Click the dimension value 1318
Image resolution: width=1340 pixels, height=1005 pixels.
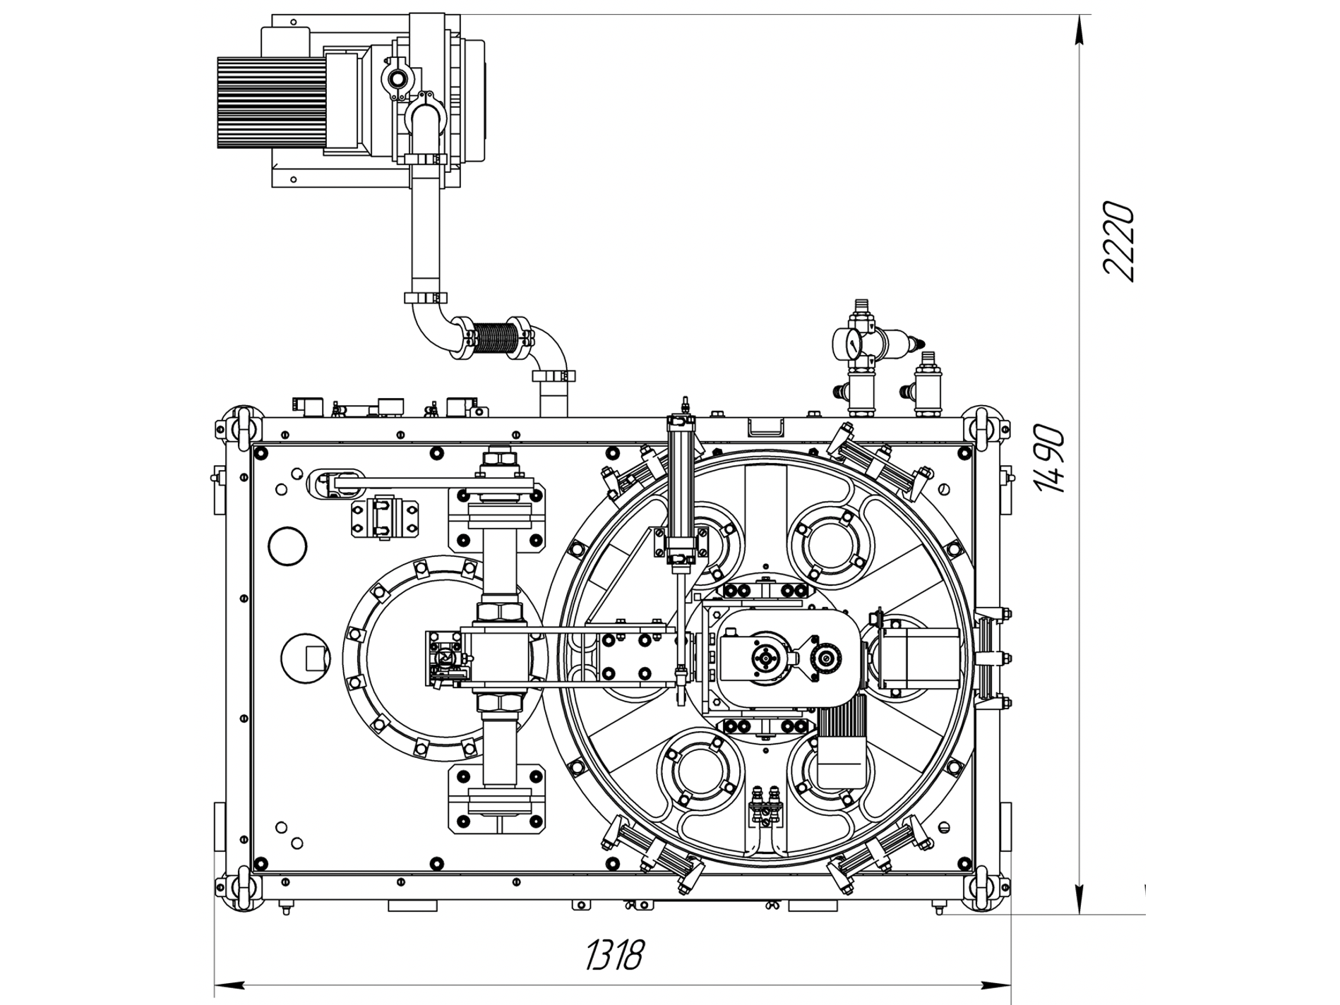614,956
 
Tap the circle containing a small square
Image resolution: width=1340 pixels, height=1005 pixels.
306,658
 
